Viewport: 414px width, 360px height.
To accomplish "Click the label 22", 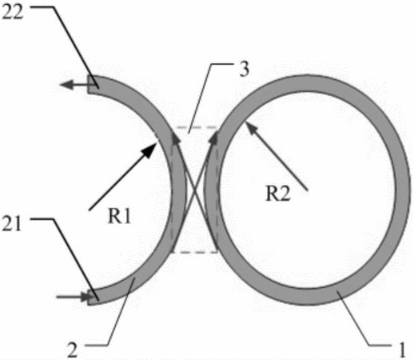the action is (x=13, y=12).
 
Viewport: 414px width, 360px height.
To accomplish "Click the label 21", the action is (x=12, y=224).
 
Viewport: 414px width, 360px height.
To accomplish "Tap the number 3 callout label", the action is (x=244, y=69).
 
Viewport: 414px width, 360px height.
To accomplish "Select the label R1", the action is (x=119, y=216).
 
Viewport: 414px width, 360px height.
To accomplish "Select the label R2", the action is (x=278, y=193).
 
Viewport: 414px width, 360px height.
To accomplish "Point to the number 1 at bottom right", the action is (x=401, y=350).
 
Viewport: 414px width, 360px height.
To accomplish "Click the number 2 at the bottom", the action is (x=72, y=350).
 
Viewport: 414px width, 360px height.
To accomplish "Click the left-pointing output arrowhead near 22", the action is (x=66, y=85).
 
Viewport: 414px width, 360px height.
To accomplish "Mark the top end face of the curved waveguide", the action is (x=89, y=84).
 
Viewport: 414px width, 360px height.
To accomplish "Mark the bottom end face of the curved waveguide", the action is (x=90, y=298).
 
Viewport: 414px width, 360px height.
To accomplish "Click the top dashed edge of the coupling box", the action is (x=194, y=127).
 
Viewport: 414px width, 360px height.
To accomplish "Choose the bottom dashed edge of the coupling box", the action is (x=194, y=251).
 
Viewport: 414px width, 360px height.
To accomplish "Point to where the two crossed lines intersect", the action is (x=194, y=190).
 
